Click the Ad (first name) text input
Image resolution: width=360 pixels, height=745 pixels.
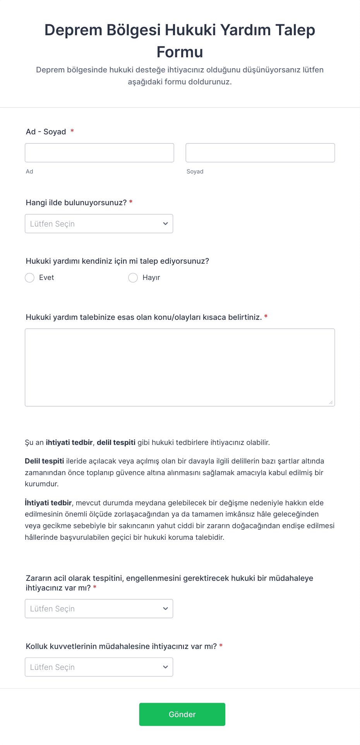point(99,153)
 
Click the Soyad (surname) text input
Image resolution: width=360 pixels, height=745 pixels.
point(260,153)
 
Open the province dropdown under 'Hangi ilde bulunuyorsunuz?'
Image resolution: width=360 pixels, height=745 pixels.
point(99,224)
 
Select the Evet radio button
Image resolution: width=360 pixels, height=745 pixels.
point(30,278)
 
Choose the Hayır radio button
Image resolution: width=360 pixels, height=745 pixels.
point(133,278)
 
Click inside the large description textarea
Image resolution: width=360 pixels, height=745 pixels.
point(180,367)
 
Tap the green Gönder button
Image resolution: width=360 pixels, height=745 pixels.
point(182,714)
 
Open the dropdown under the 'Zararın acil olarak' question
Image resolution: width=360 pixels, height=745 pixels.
point(99,609)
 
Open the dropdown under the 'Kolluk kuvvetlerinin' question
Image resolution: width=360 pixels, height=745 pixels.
point(99,667)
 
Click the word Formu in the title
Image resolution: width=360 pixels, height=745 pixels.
point(180,52)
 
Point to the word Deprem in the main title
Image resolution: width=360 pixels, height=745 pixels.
point(74,30)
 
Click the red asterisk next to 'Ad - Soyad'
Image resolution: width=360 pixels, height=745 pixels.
point(72,132)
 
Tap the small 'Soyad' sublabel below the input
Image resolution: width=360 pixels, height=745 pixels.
point(195,172)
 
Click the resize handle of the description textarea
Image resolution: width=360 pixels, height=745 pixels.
point(331,403)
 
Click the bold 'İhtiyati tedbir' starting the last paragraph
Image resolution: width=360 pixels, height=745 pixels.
point(48,503)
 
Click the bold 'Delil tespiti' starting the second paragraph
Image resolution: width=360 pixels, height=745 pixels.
point(44,461)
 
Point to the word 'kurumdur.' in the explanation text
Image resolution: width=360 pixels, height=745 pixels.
point(42,484)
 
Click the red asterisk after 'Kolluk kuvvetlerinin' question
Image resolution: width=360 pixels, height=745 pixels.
point(221,646)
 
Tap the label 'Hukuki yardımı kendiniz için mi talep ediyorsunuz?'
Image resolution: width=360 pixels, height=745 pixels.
point(117,261)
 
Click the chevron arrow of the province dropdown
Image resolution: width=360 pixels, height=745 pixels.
point(165,224)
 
